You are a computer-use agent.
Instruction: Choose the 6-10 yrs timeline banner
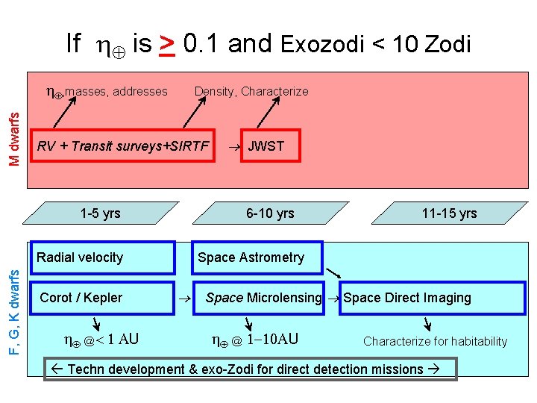(270, 213)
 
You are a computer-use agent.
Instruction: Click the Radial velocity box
(102, 257)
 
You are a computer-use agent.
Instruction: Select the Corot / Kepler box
(102, 298)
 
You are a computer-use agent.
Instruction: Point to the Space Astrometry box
(257, 257)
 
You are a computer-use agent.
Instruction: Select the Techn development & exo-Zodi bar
(250, 369)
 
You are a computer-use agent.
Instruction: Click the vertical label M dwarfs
(14, 128)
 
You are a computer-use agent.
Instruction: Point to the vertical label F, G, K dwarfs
(14, 302)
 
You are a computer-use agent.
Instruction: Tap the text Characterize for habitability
(435, 341)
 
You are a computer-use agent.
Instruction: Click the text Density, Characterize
(251, 91)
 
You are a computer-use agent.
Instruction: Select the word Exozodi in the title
(322, 46)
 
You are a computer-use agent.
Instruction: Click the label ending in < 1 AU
(101, 340)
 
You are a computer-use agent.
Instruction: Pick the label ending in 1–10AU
(255, 340)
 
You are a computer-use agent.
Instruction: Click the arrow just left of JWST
(233, 146)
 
